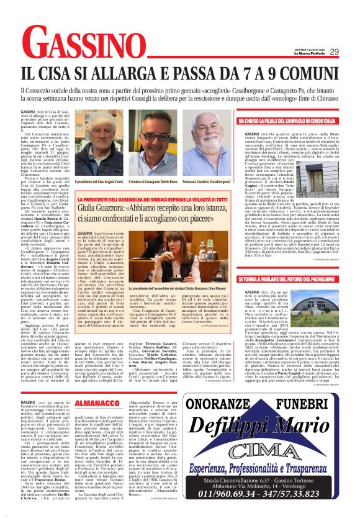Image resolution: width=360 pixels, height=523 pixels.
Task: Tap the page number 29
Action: click(x=334, y=52)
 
